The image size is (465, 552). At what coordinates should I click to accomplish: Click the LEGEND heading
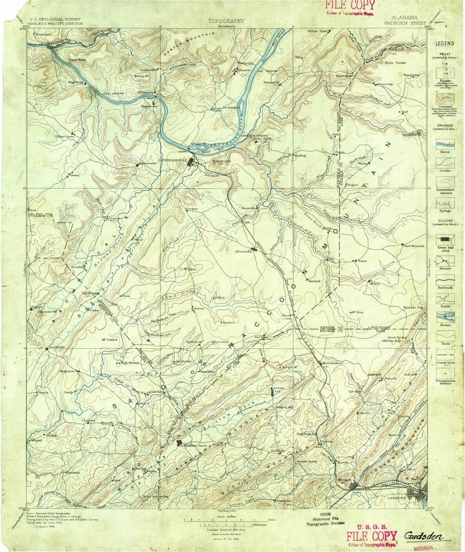click(445, 43)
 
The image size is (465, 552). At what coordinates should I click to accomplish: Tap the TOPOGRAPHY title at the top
click(226, 21)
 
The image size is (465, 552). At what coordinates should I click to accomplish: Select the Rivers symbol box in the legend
click(445, 144)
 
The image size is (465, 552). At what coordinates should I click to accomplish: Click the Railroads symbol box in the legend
click(445, 278)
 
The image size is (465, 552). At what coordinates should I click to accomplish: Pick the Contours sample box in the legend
click(445, 99)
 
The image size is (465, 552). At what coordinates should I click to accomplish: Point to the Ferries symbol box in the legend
click(445, 317)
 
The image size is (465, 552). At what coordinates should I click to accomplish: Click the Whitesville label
click(220, 342)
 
